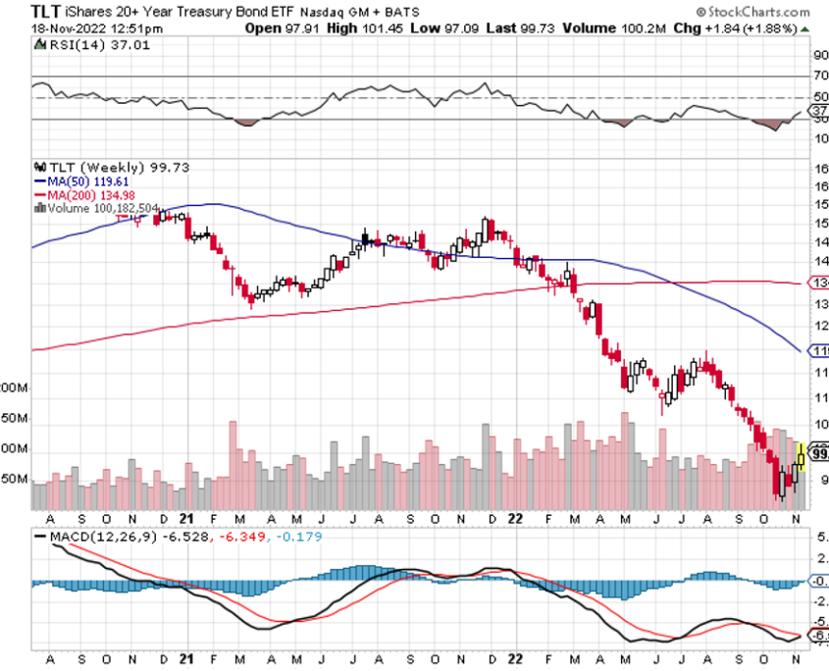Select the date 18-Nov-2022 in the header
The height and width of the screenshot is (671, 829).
coord(68,27)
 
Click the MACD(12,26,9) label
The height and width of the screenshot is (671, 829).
coord(94,538)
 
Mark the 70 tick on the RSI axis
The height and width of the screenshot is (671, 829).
coord(820,76)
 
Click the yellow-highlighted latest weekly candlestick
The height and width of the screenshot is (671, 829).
coord(801,456)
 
